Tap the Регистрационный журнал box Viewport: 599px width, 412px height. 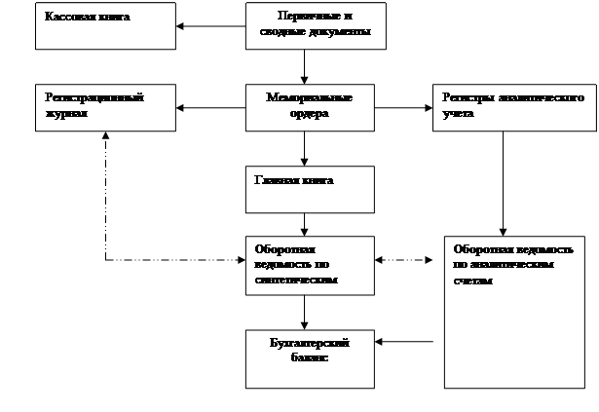click(104, 107)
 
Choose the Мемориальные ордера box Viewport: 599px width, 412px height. click(309, 107)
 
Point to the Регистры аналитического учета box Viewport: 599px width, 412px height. click(512, 107)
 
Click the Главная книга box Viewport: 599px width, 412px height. click(309, 189)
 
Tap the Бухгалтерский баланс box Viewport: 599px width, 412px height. click(308, 356)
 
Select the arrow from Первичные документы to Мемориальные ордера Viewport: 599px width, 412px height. click(306, 67)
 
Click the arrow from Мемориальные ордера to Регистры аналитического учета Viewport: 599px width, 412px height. click(402, 107)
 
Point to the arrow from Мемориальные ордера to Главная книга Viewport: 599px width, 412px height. click(306, 148)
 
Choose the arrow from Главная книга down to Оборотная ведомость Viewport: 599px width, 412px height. click(306, 224)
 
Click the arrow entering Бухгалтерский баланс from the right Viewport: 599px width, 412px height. click(404, 341)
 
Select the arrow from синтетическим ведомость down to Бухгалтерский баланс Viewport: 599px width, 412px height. click(306, 312)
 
